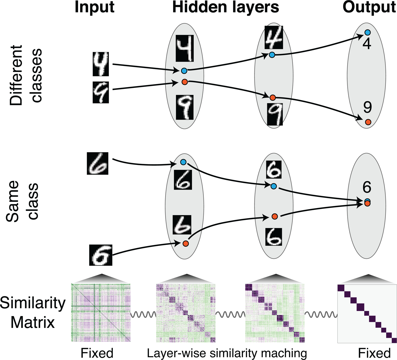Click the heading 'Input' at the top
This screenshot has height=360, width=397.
coord(94,7)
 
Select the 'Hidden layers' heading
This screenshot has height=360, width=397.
coord(225,7)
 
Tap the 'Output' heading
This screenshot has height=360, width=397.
coord(369,7)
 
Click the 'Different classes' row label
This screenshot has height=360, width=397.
coord(26,75)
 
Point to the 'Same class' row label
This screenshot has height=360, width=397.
coord(22,201)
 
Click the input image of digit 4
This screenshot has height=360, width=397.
coord(101,64)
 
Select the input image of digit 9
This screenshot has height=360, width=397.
coord(101,92)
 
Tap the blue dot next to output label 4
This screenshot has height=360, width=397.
coord(367,33)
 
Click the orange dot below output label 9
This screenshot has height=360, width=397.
coord(368,122)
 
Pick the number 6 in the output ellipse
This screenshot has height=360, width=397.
coord(367,187)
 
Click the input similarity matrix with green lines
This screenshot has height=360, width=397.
coord(101,313)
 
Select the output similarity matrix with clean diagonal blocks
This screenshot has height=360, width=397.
coord(367,314)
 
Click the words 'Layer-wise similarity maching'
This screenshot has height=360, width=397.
coord(227,353)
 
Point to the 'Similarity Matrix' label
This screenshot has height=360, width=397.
coord(33,313)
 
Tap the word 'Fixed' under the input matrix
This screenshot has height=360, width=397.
coord(97,353)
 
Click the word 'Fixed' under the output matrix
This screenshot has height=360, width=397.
coord(374,353)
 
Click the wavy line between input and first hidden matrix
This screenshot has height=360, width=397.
coord(143,314)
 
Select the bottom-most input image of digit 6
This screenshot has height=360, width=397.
coord(101,255)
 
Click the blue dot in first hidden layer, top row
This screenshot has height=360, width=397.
coord(184,71)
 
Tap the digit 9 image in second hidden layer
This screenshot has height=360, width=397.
coord(275,114)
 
